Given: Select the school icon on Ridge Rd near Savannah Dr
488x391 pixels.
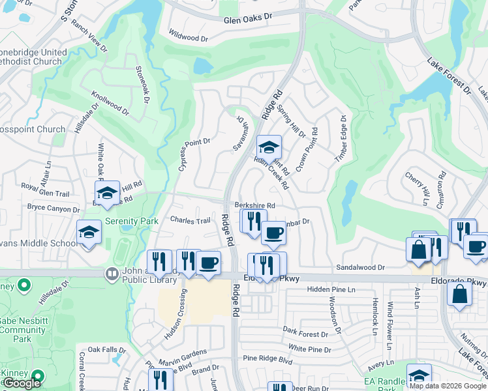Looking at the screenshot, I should point(268,147).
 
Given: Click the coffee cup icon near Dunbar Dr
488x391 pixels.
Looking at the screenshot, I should point(273,232).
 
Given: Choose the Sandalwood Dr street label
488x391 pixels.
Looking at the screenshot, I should point(360,267).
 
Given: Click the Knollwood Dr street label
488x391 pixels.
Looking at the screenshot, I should point(110,104).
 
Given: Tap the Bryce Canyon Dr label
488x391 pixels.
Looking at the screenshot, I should point(53,209).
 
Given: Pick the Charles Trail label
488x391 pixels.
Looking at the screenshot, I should point(190,221).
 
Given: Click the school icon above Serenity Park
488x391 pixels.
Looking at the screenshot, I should point(107,192).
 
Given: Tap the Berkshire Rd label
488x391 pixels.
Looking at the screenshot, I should point(255,205).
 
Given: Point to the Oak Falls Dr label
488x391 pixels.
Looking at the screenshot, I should point(106,349).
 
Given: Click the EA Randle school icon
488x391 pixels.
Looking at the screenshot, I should point(418,375).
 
